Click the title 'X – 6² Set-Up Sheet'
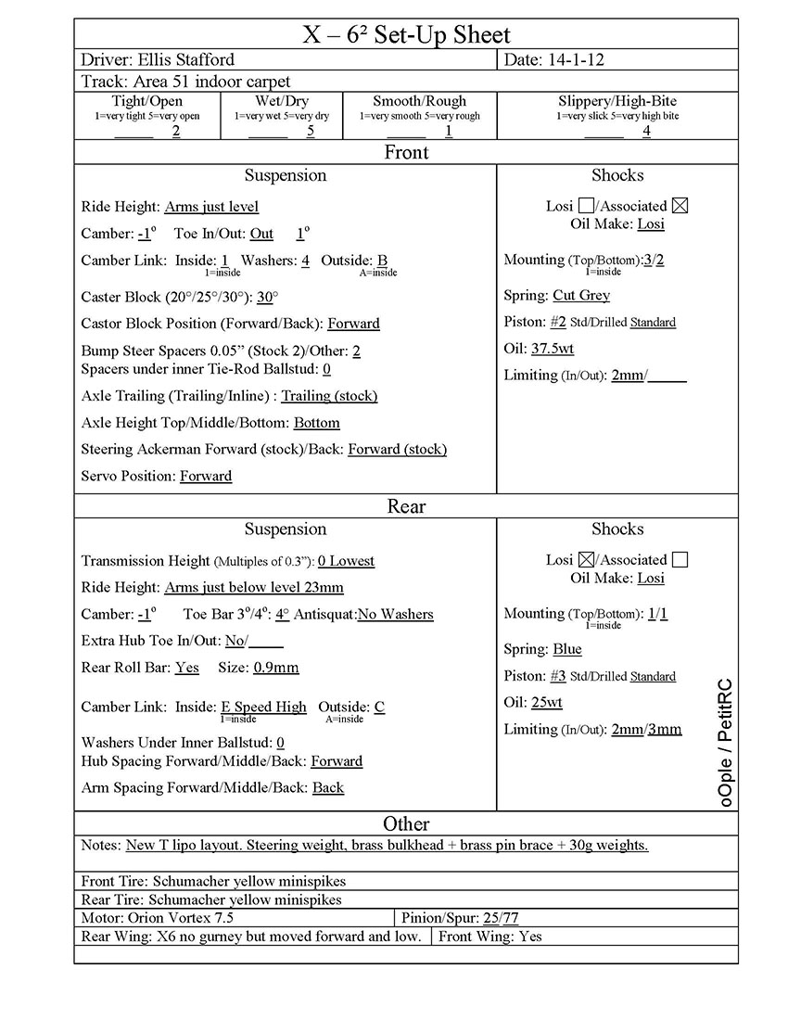(x=406, y=35)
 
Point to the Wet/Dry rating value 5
(x=311, y=131)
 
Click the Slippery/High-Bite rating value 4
(x=646, y=131)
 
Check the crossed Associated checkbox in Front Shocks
(x=680, y=206)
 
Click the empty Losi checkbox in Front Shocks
(x=586, y=206)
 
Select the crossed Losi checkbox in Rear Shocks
(x=586, y=560)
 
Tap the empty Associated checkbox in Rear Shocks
(x=680, y=560)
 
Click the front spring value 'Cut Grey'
(x=581, y=296)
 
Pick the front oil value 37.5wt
(x=553, y=349)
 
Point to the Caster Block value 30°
(x=268, y=298)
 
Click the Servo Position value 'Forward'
(x=206, y=477)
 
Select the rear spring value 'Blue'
(x=567, y=649)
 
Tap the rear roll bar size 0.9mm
(x=276, y=668)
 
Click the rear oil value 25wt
(x=547, y=703)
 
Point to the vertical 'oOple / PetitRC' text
(x=725, y=742)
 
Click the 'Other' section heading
(x=406, y=824)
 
